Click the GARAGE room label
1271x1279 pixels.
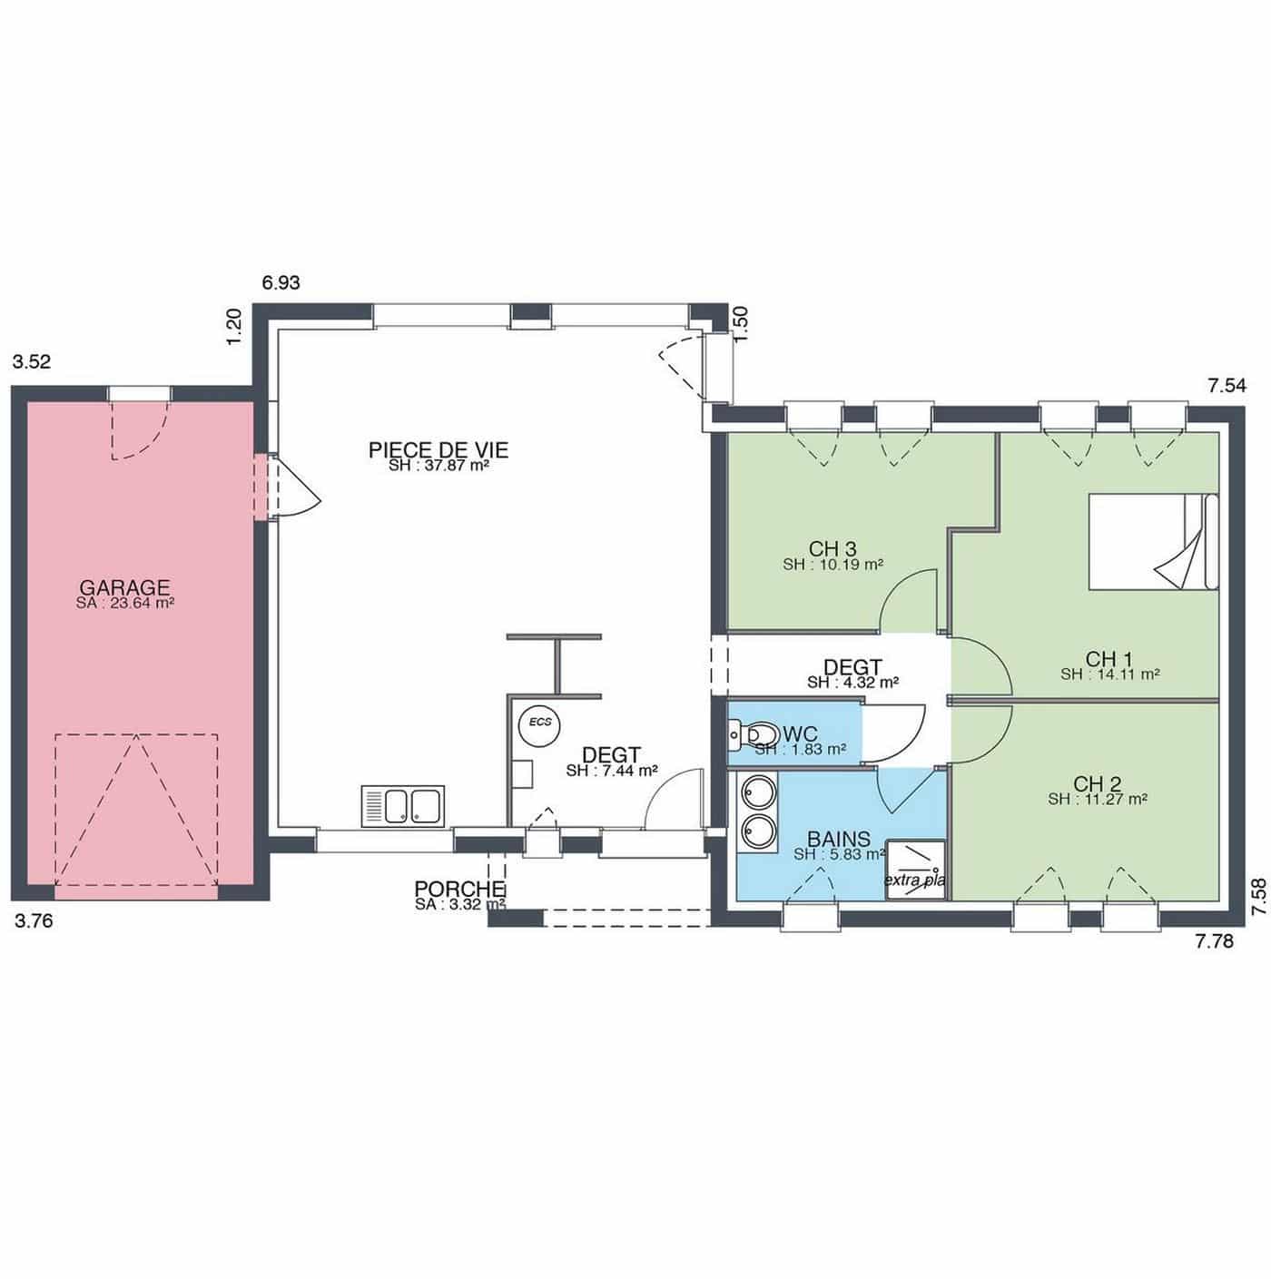[x=125, y=587]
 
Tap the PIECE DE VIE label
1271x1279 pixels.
[x=438, y=450]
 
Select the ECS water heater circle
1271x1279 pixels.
[x=540, y=723]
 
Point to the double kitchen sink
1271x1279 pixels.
[x=403, y=806]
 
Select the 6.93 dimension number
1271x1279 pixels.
[x=281, y=282]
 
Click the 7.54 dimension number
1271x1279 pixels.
[x=1227, y=386]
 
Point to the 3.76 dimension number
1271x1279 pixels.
[x=34, y=921]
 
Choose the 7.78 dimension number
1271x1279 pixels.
[x=1215, y=941]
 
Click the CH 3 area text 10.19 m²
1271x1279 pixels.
[x=833, y=565]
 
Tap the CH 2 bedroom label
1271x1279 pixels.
[x=1098, y=783]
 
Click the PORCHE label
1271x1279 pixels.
[x=459, y=889]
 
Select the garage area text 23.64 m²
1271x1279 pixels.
[x=125, y=604]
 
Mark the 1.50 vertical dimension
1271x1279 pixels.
[x=741, y=324]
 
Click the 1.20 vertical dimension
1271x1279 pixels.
[x=234, y=327]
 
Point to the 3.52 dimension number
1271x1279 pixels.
[x=31, y=361]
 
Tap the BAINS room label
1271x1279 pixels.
[x=839, y=839]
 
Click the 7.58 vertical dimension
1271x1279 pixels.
[x=1259, y=898]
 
